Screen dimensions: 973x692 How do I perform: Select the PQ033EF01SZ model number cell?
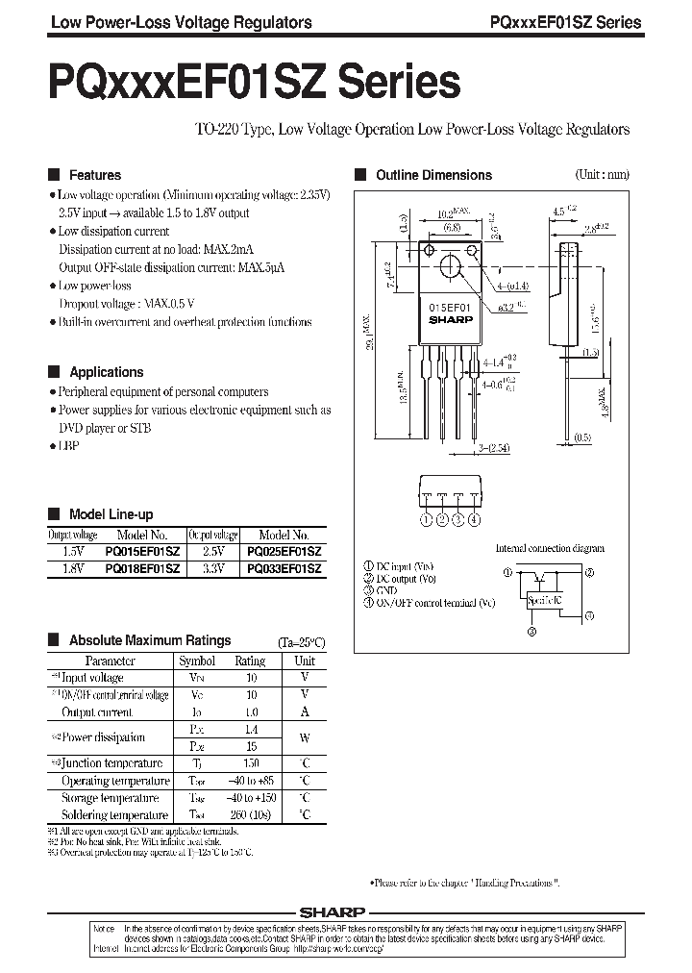(284, 569)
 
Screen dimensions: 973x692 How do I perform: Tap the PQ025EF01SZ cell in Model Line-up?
(284, 553)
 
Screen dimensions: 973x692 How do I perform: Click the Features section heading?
(94, 175)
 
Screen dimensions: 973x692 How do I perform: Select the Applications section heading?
(106, 372)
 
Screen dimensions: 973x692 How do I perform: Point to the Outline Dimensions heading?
(433, 175)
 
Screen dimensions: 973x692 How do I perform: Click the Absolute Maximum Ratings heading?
(149, 640)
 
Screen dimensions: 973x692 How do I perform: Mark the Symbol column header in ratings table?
(197, 661)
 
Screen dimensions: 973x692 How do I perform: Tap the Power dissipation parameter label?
(104, 737)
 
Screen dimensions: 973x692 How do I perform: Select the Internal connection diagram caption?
(550, 548)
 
